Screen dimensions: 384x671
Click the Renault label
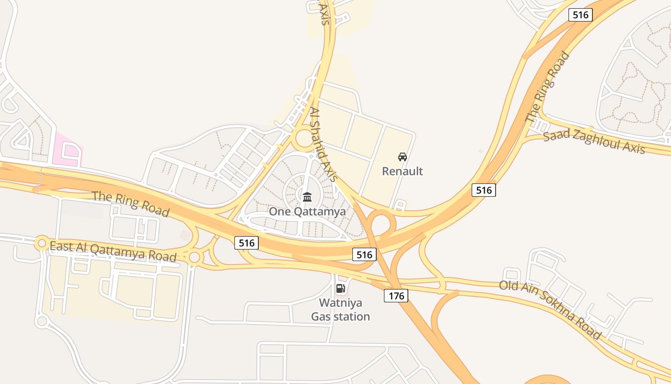click(x=402, y=171)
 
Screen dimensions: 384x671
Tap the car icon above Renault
click(x=403, y=156)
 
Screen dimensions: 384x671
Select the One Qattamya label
click(x=307, y=211)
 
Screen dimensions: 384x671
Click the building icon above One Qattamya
click(x=307, y=197)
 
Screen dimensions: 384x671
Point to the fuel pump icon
click(x=340, y=288)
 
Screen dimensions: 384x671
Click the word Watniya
click(x=340, y=303)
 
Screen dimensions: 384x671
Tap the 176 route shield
click(x=396, y=296)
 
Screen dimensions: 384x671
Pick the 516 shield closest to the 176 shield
click(x=364, y=254)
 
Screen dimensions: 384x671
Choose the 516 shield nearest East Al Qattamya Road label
click(x=246, y=243)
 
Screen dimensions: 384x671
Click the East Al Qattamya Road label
click(x=113, y=251)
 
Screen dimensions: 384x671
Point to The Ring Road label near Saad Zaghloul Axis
click(x=547, y=87)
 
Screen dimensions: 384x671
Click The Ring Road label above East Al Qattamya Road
click(x=131, y=204)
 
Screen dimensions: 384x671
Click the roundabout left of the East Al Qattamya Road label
click(x=42, y=243)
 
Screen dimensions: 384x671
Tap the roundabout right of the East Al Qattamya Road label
click(x=194, y=257)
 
